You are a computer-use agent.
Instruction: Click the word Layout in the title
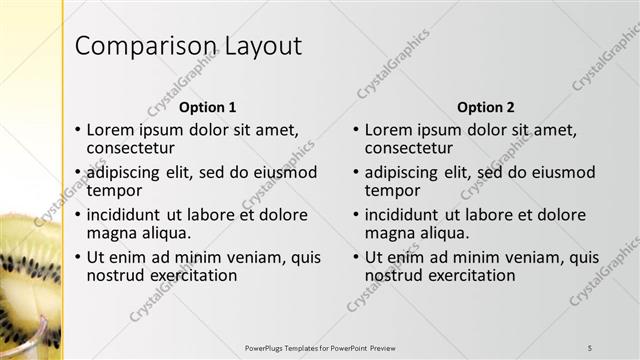pos(255,47)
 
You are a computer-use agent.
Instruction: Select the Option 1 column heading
pos(207,107)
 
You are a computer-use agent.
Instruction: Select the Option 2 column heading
pos(485,107)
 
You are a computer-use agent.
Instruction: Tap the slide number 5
pos(590,347)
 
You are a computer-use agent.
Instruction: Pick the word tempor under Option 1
pos(114,190)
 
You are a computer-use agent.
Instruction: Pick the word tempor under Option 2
pos(392,190)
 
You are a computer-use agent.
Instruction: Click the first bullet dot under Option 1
pos(78,131)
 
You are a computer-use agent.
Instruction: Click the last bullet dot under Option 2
pos(356,258)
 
